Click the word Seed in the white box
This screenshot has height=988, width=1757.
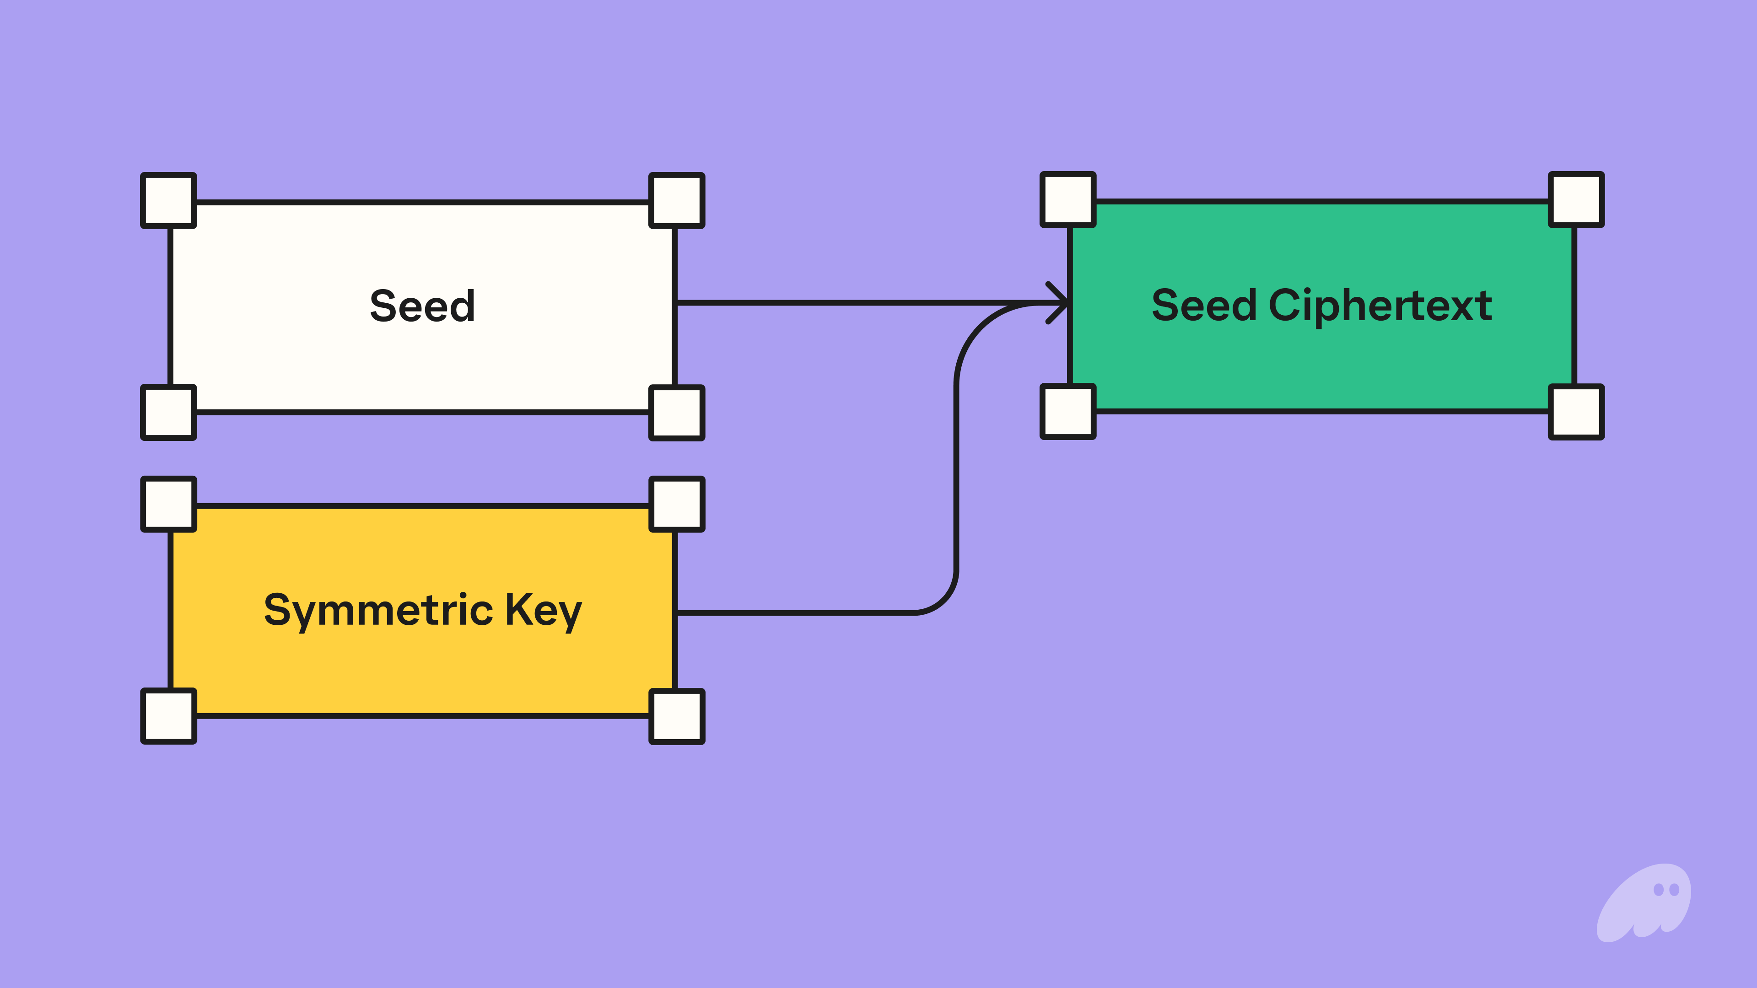(x=422, y=306)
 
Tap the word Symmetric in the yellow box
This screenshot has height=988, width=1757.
(x=378, y=610)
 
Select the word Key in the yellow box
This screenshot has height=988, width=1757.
(x=543, y=610)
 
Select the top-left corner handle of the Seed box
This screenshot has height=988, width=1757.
(x=168, y=200)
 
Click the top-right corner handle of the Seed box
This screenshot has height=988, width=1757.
(x=677, y=200)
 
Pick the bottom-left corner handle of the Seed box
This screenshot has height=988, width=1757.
(x=168, y=413)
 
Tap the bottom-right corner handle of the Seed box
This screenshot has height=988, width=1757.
(x=677, y=413)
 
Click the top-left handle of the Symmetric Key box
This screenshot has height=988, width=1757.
(x=168, y=504)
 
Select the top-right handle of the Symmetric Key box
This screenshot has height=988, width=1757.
(x=677, y=504)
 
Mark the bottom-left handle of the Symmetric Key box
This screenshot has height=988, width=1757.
(x=168, y=716)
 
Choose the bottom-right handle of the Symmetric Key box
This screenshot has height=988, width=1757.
(x=677, y=716)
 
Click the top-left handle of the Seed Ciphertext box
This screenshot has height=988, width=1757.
(x=1068, y=199)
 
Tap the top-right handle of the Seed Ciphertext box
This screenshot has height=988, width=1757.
(x=1576, y=199)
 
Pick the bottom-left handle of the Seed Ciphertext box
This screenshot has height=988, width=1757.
(x=1068, y=411)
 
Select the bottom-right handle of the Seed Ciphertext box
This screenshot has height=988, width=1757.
(x=1576, y=412)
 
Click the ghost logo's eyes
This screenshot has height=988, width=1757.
(x=1666, y=890)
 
